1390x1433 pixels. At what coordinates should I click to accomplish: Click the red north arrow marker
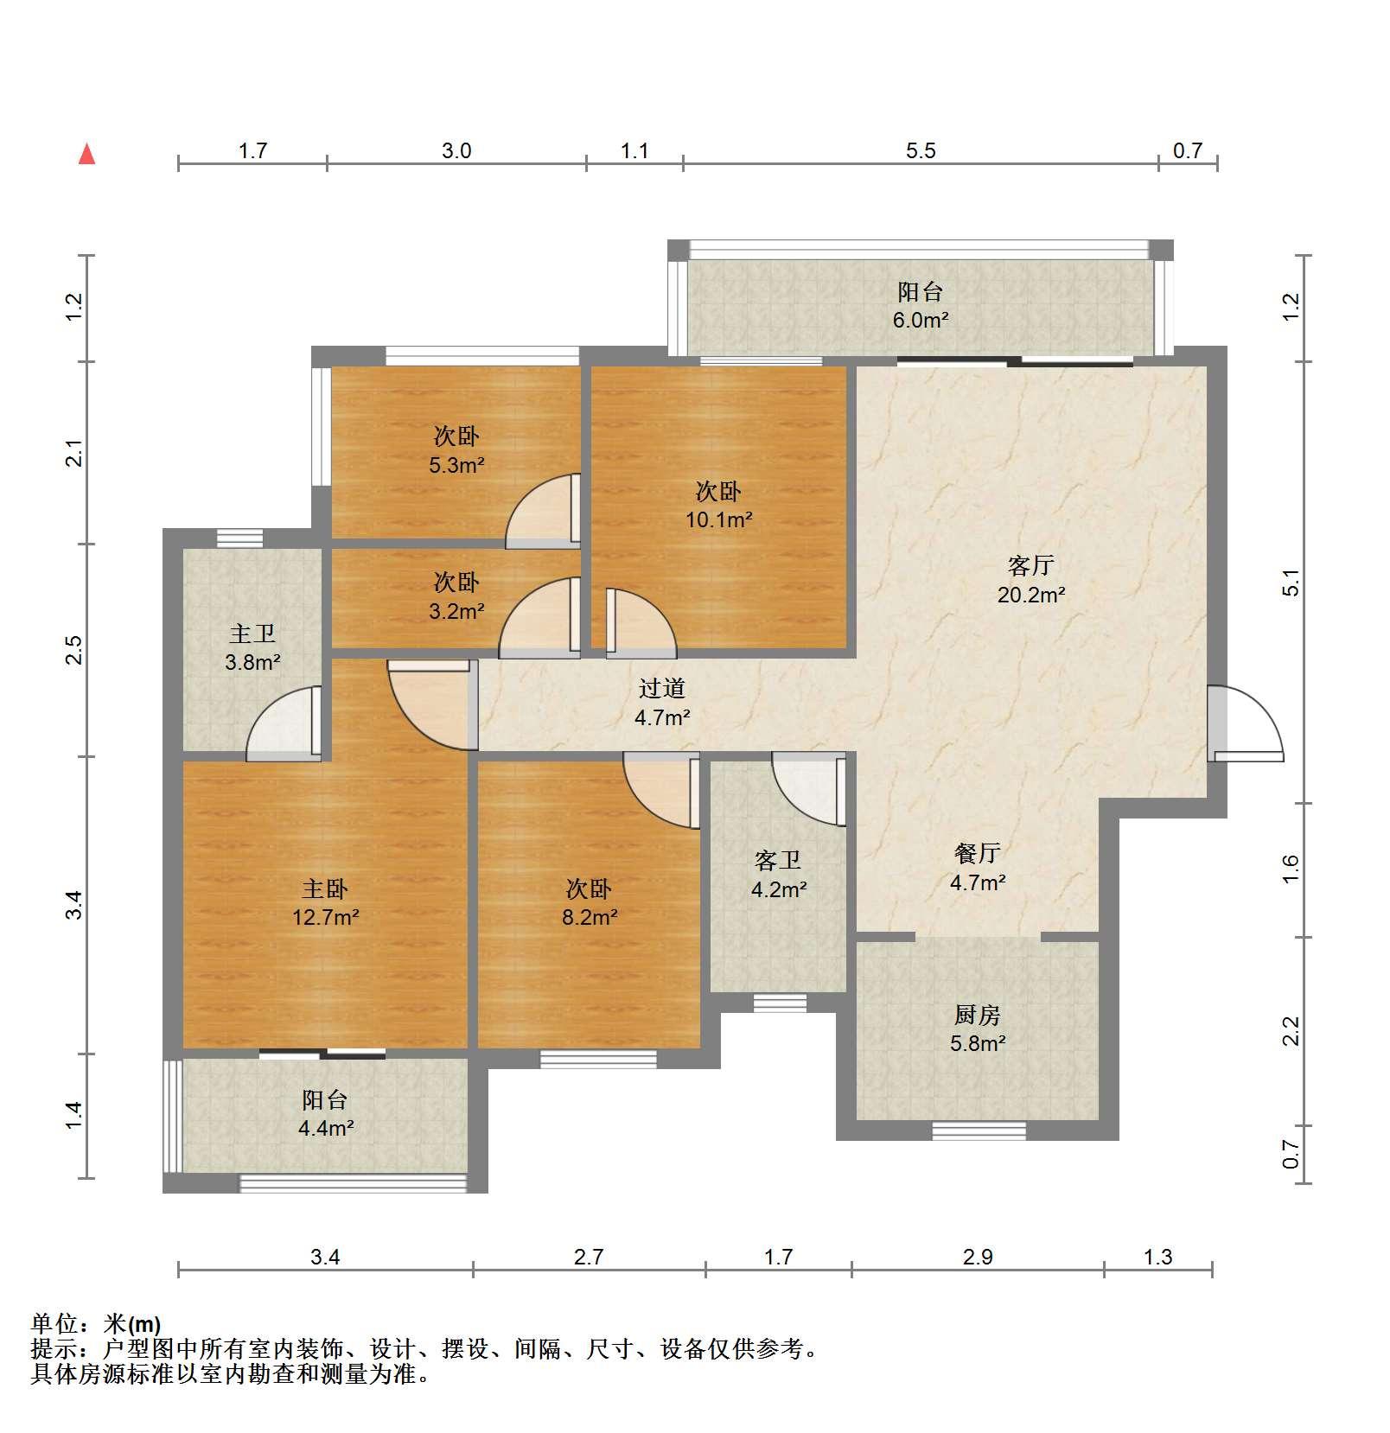(86, 154)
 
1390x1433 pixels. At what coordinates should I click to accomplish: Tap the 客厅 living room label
(1030, 565)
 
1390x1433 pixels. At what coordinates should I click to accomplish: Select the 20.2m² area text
(1031, 595)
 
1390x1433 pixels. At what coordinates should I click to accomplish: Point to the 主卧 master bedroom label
(325, 888)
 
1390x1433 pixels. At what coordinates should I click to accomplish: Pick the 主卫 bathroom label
(252, 634)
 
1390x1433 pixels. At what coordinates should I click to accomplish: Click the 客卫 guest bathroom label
(778, 860)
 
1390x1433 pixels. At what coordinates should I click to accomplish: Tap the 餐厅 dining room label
(978, 853)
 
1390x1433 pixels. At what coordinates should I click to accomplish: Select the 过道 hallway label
(662, 688)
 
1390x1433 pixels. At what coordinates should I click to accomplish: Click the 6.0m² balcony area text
(921, 320)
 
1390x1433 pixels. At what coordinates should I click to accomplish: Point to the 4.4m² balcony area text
(326, 1127)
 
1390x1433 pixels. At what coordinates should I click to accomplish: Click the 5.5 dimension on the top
(921, 151)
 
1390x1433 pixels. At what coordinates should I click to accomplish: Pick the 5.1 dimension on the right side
(1291, 583)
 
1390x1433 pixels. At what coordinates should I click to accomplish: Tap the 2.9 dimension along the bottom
(978, 1257)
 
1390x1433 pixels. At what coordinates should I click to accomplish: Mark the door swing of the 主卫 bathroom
(284, 723)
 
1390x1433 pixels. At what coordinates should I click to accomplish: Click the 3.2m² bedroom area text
(457, 611)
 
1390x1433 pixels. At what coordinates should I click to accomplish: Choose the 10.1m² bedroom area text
(719, 520)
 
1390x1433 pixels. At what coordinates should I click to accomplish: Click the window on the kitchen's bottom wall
(979, 1130)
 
